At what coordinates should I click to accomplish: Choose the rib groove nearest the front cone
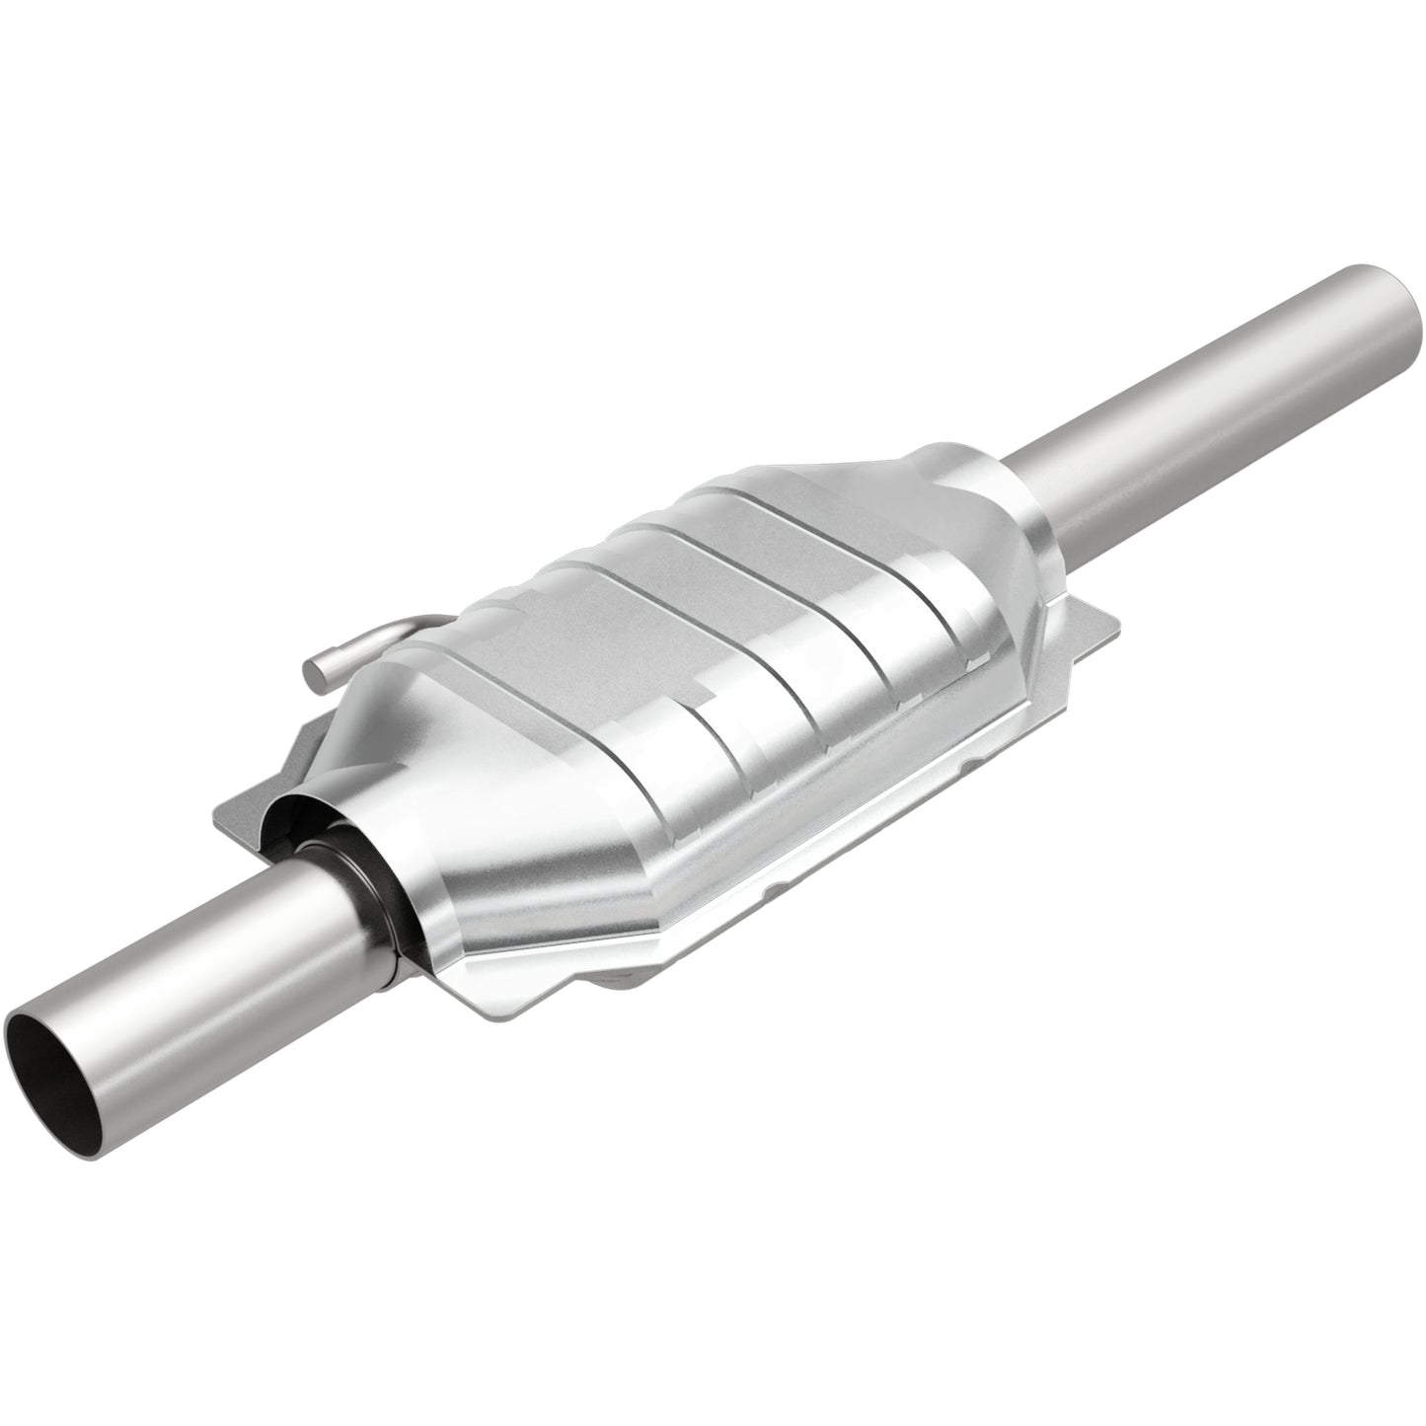click(553, 691)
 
